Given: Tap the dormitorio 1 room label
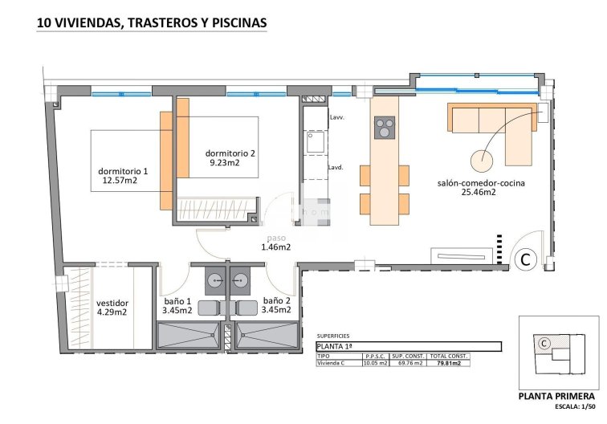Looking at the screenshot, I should pos(123,171).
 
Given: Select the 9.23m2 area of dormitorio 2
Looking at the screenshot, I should pos(225,163).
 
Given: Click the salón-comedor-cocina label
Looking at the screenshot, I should pos(481,183).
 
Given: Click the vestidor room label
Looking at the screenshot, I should pos(112,303).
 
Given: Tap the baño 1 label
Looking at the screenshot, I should pos(177,300).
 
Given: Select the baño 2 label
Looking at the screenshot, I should pos(276,300).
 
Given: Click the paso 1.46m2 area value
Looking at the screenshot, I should pos(275,247).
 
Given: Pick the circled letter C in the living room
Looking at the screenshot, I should pos(525,259).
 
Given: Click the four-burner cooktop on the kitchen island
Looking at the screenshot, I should pos(385,128).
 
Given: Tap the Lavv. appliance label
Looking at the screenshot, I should pos(336,118).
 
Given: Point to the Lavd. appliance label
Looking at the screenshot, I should pos(336,168).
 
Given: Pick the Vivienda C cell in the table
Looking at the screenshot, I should pos(335,363).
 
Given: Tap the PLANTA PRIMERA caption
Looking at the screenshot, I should pos(556,396).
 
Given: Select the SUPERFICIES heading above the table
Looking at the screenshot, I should pos(333,337).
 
